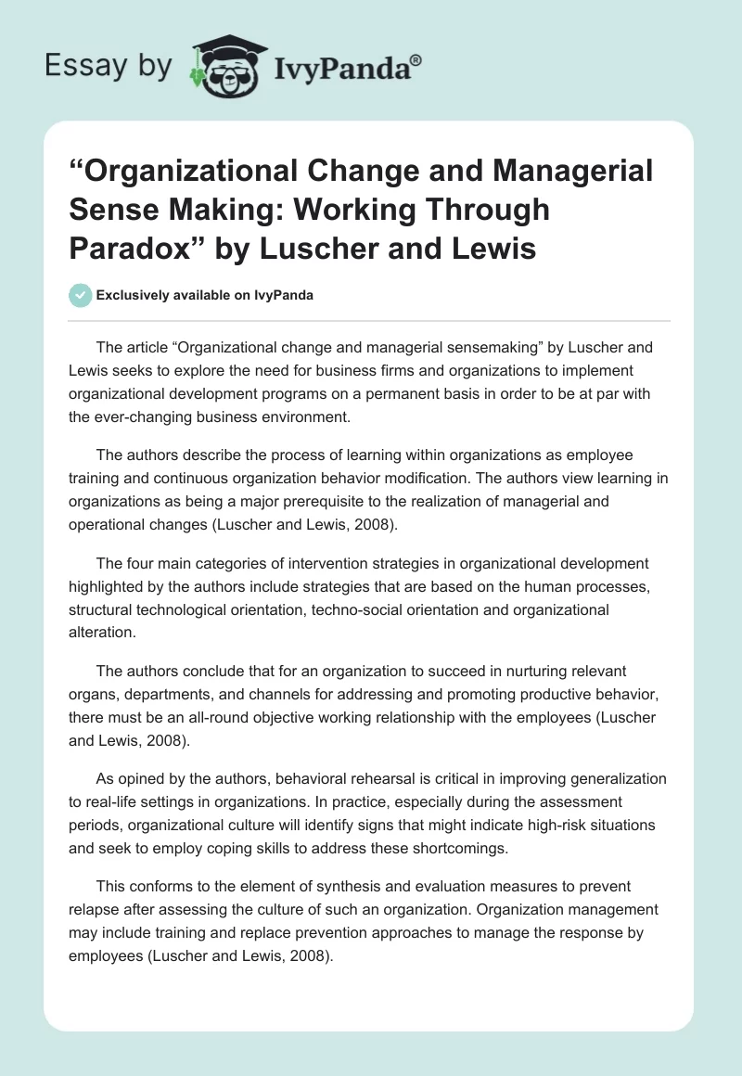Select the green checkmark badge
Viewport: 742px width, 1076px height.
click(81, 296)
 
